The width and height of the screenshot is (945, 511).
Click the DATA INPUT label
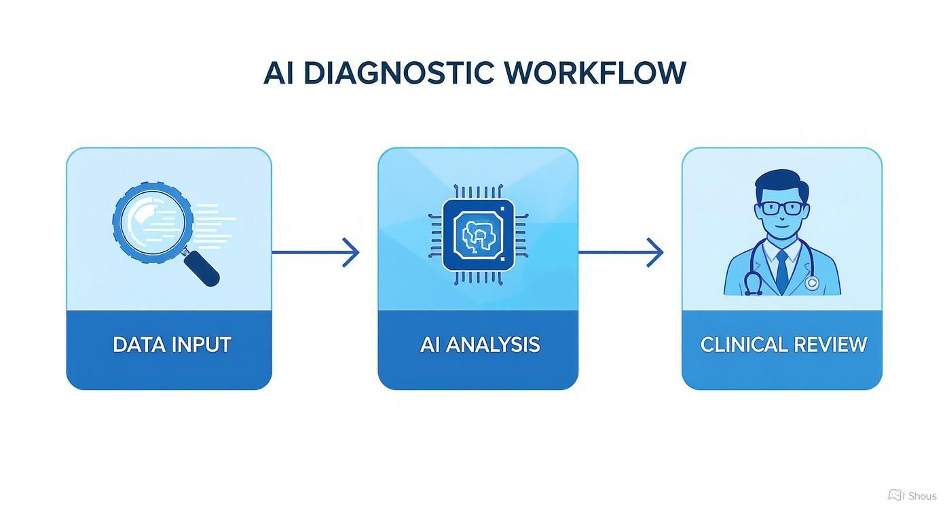(172, 345)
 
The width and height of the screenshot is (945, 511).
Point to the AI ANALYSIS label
(480, 345)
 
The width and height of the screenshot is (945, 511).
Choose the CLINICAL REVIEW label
(783, 345)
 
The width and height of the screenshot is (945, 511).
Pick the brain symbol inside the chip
(478, 235)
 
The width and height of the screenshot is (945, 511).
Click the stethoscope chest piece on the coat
(811, 283)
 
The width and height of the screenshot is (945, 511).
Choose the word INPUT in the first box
(202, 345)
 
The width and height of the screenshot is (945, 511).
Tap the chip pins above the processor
(478, 191)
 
